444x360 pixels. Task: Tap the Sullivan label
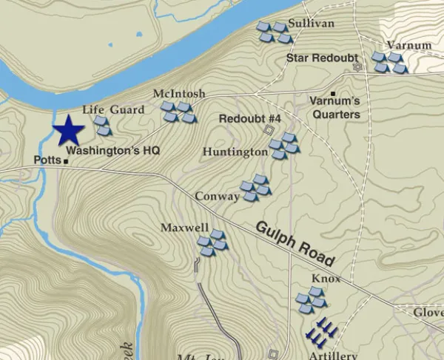pos(312,24)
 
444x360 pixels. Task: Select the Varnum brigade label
pos(408,45)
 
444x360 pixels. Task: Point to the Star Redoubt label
pos(322,58)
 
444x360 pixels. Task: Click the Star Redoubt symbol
pos(359,67)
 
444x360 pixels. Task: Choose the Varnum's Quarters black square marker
pos(333,94)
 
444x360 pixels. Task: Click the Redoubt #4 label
pos(250,119)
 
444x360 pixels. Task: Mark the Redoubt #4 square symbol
pos(269,130)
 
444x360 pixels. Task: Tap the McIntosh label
pos(178,94)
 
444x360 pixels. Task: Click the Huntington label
pos(235,152)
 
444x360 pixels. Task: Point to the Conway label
pos(217,197)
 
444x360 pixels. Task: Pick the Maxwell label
pos(184,228)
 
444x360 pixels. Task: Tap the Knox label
pos(326,279)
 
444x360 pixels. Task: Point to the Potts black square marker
pos(65,160)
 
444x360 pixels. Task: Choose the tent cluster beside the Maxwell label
pos(212,242)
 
